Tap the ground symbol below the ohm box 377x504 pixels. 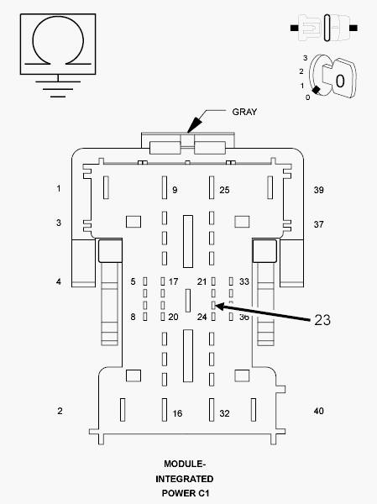(x=55, y=87)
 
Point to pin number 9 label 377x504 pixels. (x=175, y=191)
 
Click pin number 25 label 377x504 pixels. (x=224, y=191)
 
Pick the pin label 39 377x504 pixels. (x=318, y=190)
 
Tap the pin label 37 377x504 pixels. (x=318, y=224)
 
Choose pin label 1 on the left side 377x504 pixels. (x=59, y=189)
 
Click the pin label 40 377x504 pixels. (x=318, y=411)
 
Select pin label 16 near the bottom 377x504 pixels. (x=177, y=414)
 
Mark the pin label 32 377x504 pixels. (x=224, y=414)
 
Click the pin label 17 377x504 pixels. (x=174, y=281)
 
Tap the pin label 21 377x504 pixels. (x=202, y=281)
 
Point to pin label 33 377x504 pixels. (x=244, y=281)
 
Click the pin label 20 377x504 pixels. (x=174, y=317)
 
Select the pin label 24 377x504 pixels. (x=202, y=317)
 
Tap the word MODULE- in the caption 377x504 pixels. (x=185, y=465)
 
